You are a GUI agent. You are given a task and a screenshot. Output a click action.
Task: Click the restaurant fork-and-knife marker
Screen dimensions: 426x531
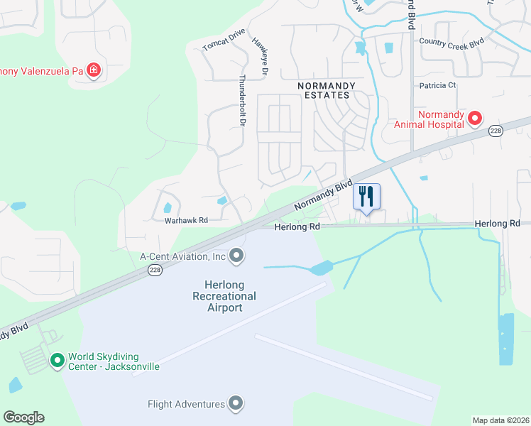pos(366,196)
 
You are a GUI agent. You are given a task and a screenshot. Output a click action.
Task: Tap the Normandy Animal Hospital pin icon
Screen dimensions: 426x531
pos(474,118)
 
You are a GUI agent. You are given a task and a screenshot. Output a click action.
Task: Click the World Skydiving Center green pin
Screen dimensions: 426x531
pos(58,361)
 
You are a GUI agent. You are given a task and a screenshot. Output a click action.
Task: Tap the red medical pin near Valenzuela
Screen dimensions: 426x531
pos(93,70)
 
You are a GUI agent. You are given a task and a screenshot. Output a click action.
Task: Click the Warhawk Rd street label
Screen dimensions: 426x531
pos(186,221)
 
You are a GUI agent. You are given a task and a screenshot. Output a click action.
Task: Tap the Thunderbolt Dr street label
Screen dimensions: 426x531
pos(242,101)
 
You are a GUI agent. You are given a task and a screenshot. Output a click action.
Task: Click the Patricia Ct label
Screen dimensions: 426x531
pos(437,85)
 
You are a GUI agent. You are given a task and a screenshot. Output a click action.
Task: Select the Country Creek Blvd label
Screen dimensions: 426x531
pos(451,43)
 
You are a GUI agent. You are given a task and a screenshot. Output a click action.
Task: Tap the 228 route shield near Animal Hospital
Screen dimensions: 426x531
pos(496,131)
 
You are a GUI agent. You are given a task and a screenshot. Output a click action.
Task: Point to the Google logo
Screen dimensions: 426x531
pos(23,417)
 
